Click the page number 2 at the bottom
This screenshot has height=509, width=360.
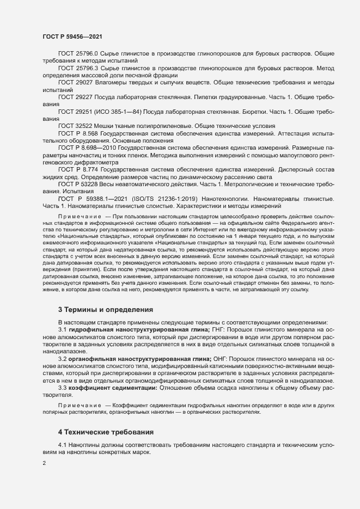pos(44,464)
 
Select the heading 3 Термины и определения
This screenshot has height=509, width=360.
pos(101,310)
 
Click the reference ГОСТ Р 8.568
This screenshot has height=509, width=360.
pos(81,133)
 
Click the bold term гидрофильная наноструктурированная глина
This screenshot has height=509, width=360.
pos(138,329)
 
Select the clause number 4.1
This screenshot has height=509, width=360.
pos(63,446)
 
